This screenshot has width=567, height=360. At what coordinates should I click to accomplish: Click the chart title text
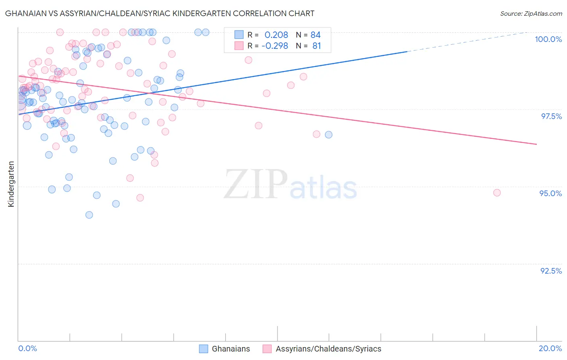click(x=160, y=13)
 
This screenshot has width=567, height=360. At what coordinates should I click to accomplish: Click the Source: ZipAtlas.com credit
click(x=531, y=13)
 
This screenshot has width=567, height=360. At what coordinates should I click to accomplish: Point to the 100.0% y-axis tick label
click(x=548, y=39)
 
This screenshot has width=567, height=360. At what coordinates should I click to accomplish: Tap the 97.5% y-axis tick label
click(x=551, y=116)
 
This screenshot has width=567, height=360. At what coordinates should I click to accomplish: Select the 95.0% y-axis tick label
click(x=550, y=193)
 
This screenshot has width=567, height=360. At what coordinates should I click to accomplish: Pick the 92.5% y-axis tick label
click(x=551, y=271)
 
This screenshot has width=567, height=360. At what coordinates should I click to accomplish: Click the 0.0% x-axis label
click(x=27, y=348)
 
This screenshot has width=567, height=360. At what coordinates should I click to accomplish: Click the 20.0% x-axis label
click(x=550, y=348)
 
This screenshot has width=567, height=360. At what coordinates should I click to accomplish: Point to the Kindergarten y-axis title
click(x=11, y=184)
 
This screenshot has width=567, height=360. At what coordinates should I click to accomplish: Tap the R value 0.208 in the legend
click(x=276, y=35)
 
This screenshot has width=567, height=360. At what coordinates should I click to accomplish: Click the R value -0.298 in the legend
click(x=275, y=46)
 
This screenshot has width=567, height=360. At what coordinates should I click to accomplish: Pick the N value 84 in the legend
click(x=315, y=35)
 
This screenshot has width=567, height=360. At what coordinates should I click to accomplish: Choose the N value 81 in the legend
click(x=317, y=46)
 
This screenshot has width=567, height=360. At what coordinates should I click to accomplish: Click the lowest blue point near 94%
click(x=89, y=215)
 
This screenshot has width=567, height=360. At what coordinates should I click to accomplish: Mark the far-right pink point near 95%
click(x=497, y=193)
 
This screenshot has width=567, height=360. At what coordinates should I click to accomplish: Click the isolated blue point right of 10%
click(x=329, y=134)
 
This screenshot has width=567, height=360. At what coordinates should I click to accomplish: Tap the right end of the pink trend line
click(x=536, y=144)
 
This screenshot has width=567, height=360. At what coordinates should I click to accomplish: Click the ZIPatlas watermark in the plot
click(x=290, y=184)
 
